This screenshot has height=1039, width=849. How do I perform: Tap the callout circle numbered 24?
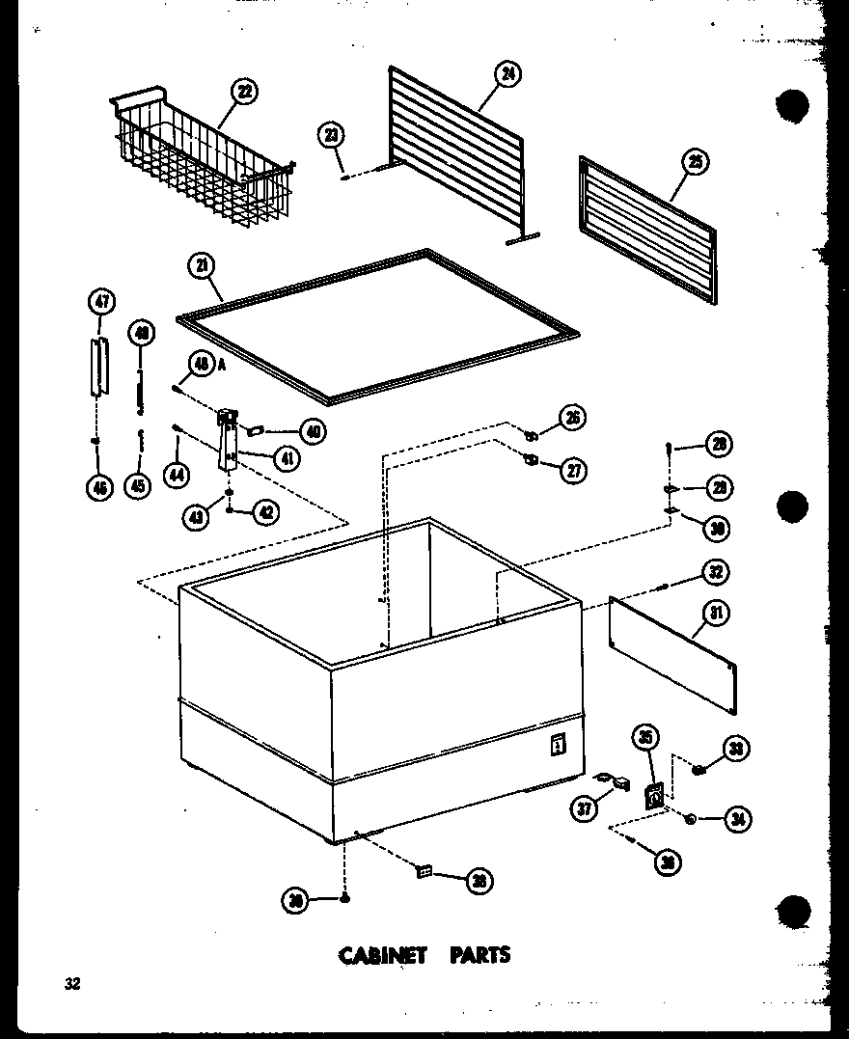point(507,74)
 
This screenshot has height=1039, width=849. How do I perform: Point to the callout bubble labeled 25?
point(694,162)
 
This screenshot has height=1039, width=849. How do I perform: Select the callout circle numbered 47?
point(100,302)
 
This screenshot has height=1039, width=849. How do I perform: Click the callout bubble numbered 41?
point(287,459)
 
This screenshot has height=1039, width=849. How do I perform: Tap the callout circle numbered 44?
point(177,474)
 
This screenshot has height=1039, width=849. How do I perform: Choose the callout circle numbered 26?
point(572,419)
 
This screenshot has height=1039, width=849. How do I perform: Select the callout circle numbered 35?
point(644,739)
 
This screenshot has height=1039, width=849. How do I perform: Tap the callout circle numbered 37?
point(584,808)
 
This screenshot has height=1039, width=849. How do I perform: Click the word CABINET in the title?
point(381,955)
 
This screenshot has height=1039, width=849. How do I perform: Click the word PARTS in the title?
point(479,955)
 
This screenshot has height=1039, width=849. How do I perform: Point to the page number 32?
point(72,984)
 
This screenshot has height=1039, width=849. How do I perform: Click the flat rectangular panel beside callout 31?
point(672,655)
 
